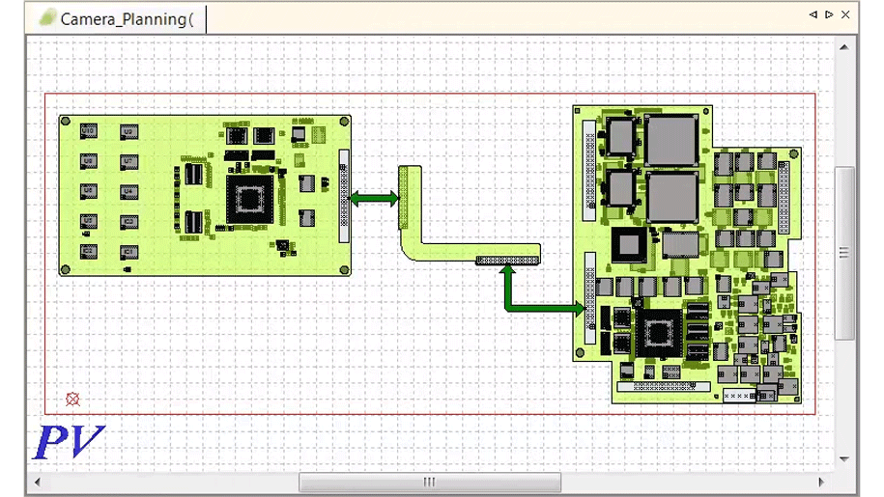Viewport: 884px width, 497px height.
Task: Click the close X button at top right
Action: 846,14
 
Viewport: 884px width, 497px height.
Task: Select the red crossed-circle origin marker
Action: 72,399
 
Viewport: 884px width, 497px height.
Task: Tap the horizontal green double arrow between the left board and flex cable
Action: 374,199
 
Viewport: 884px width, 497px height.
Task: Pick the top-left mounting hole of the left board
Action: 67,122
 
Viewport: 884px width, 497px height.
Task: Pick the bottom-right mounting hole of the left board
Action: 343,269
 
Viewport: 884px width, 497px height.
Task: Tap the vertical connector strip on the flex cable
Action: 404,197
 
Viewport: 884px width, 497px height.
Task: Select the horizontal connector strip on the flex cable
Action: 506,260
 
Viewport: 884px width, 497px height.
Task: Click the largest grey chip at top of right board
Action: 671,139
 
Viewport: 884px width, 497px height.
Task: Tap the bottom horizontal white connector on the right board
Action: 664,386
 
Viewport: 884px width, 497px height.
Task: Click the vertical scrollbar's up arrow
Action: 844,46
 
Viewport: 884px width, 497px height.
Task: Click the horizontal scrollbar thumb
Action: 429,482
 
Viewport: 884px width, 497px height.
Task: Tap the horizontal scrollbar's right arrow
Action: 822,482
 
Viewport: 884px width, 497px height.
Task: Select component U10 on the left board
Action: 88,129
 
